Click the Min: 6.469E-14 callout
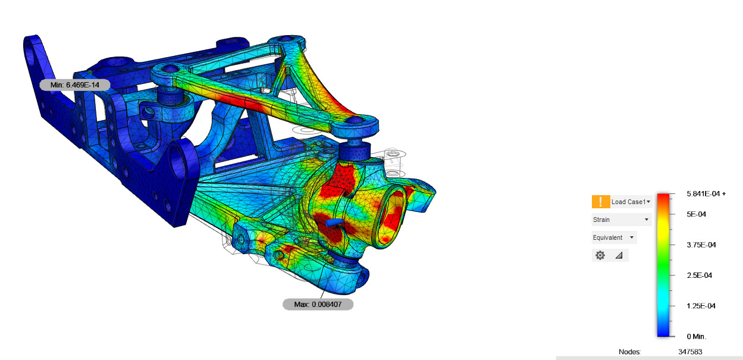[74, 85]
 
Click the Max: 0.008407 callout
[318, 304]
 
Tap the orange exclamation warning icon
[601, 202]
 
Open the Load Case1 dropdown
[631, 202]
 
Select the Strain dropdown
[622, 220]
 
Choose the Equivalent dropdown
[615, 237]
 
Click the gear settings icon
[600, 255]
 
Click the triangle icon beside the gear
[619, 255]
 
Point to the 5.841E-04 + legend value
[706, 194]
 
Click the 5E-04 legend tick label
[696, 214]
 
